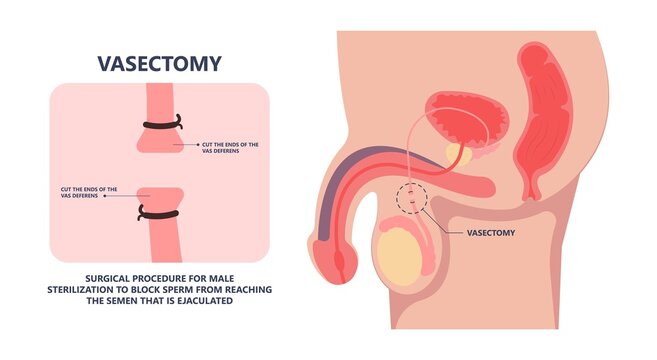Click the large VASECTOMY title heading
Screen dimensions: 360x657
pos(159,64)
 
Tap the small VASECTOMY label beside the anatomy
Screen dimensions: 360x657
pos(496,232)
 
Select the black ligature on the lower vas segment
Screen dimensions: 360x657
pos(158,212)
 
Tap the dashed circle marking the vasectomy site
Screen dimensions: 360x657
pos(408,197)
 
